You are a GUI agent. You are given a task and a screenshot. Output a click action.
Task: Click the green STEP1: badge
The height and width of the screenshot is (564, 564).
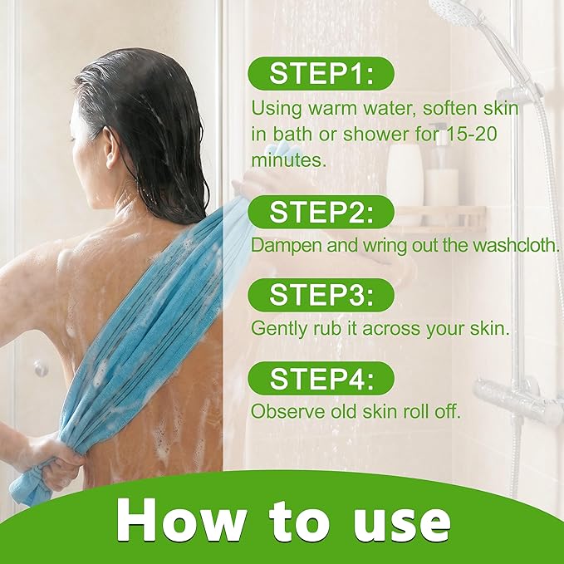click(x=321, y=73)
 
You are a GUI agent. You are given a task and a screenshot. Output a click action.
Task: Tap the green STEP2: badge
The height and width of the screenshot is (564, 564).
click(x=321, y=212)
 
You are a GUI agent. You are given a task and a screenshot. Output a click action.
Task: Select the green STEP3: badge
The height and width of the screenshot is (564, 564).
click(x=321, y=295)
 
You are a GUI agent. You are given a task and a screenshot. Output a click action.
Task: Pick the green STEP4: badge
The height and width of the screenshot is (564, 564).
click(x=321, y=379)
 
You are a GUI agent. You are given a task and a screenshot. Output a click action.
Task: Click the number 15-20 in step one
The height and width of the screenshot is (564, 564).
click(x=471, y=135)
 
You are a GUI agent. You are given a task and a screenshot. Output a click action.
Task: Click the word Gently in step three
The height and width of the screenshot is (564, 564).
click(x=279, y=329)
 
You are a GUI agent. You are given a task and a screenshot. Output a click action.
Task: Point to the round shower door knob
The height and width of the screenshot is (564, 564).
click(x=41, y=368)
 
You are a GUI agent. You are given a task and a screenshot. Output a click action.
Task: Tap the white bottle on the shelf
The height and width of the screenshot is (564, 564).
click(x=405, y=175)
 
